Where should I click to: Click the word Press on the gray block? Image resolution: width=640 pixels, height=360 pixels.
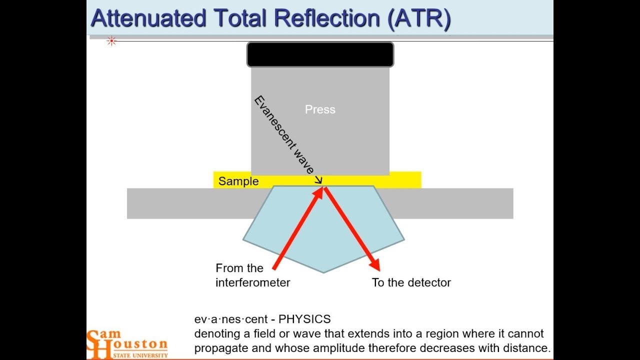320,109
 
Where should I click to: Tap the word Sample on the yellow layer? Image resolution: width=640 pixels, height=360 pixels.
238,181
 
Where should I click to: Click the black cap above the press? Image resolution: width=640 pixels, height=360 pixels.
320,54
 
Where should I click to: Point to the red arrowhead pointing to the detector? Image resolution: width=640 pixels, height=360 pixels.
374,265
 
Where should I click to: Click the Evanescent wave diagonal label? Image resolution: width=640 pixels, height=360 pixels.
284,134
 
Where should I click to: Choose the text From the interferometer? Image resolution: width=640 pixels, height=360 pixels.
252,275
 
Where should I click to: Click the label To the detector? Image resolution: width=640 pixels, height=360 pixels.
411,282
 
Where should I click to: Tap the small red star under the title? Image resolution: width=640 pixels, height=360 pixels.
111,41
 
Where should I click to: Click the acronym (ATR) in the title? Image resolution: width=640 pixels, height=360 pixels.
419,18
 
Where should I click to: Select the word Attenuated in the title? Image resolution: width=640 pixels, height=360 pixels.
148,18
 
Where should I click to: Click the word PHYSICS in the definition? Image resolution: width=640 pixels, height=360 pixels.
304,319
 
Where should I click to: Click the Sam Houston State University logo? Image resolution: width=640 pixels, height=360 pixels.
127,344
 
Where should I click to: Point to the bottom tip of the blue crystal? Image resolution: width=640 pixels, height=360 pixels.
324,272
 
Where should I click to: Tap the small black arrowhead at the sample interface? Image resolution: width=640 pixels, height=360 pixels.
318,181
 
